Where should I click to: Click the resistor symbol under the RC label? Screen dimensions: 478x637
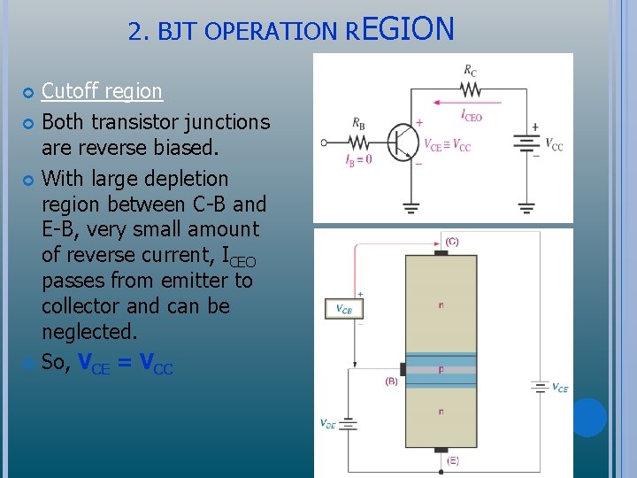[469, 89]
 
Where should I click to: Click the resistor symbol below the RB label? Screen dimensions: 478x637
[358, 142]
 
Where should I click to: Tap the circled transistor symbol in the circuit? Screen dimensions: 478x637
[405, 142]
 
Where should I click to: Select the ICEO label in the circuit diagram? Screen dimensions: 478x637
[472, 115]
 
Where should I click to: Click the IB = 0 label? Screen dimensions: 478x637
[357, 159]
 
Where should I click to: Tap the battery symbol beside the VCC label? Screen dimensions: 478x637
[527, 144]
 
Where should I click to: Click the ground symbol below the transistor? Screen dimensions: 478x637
[411, 208]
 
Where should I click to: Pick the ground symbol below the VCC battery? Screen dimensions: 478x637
[527, 208]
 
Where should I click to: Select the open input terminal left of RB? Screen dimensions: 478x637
[325, 142]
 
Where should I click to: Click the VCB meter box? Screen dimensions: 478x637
[343, 308]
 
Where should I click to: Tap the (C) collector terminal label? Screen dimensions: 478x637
[451, 242]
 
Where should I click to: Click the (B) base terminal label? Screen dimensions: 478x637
[391, 382]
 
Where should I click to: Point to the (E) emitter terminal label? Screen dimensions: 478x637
[452, 460]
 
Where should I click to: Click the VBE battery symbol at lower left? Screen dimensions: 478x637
[349, 424]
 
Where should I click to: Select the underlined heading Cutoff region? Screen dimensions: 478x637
[102, 91]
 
